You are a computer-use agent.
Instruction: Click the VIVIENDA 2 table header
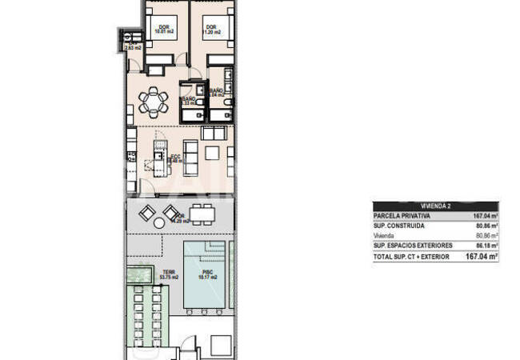coord(436,206)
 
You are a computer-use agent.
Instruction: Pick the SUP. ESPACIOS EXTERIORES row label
coord(413,246)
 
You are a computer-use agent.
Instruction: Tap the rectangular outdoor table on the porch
coord(204,214)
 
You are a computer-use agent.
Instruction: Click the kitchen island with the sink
coord(158,159)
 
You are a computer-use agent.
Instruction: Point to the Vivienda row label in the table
coord(385,236)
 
